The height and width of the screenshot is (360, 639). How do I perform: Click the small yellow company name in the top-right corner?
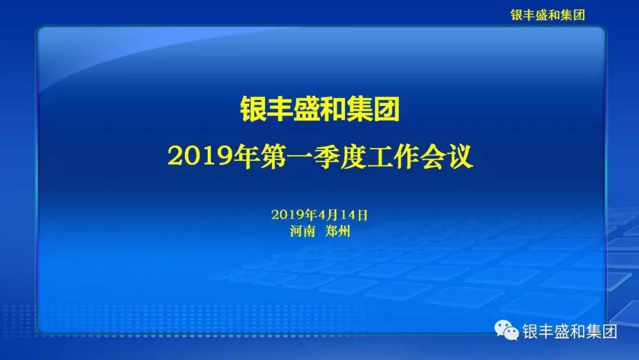tap(547, 15)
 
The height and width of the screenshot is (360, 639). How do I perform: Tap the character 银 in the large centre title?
tap(253, 110)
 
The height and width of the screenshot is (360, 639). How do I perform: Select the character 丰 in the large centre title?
tap(280, 110)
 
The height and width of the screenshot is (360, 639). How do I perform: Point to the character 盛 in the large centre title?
tap(306, 110)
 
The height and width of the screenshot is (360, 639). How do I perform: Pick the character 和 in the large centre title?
tap(333, 110)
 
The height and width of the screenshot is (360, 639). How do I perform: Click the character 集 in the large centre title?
tap(360, 110)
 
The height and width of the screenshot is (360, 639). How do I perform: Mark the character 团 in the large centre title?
tap(386, 110)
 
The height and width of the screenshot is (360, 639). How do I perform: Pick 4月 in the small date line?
tap(328, 214)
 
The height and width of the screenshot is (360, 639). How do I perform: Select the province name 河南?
tap(302, 232)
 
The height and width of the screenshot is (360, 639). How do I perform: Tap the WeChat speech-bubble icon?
tap(507, 330)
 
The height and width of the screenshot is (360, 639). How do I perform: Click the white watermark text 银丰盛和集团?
tap(570, 332)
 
